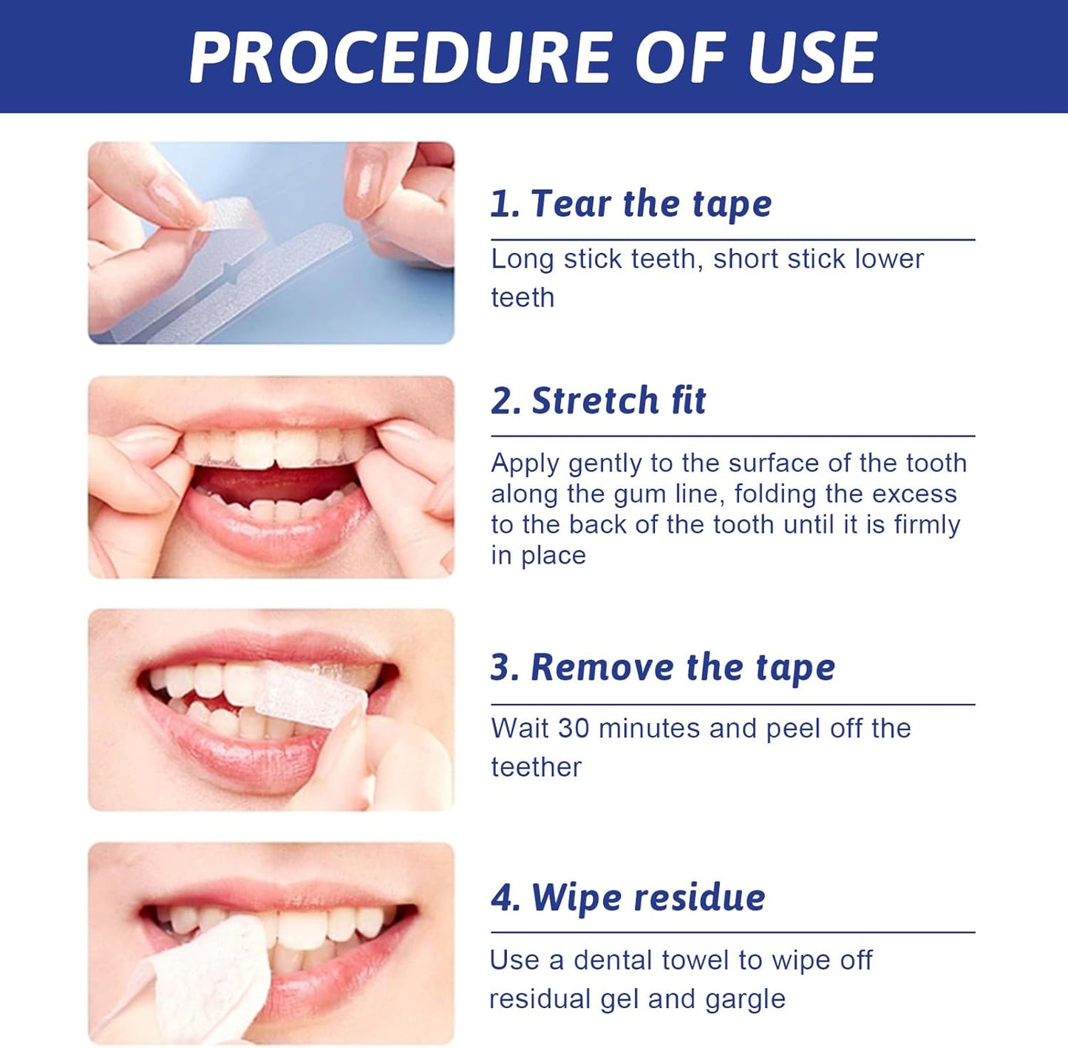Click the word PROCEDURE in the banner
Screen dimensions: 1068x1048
pyautogui.click(x=400, y=57)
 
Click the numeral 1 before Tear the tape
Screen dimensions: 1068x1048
pyautogui.click(x=500, y=203)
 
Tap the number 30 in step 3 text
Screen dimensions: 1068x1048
pyautogui.click(x=574, y=728)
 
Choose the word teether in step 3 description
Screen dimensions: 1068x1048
pyautogui.click(x=536, y=767)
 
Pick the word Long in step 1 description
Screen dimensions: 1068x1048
pyautogui.click(x=522, y=259)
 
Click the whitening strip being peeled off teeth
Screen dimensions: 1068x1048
pyautogui.click(x=310, y=694)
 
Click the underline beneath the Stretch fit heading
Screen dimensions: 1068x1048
pyautogui.click(x=732, y=436)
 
